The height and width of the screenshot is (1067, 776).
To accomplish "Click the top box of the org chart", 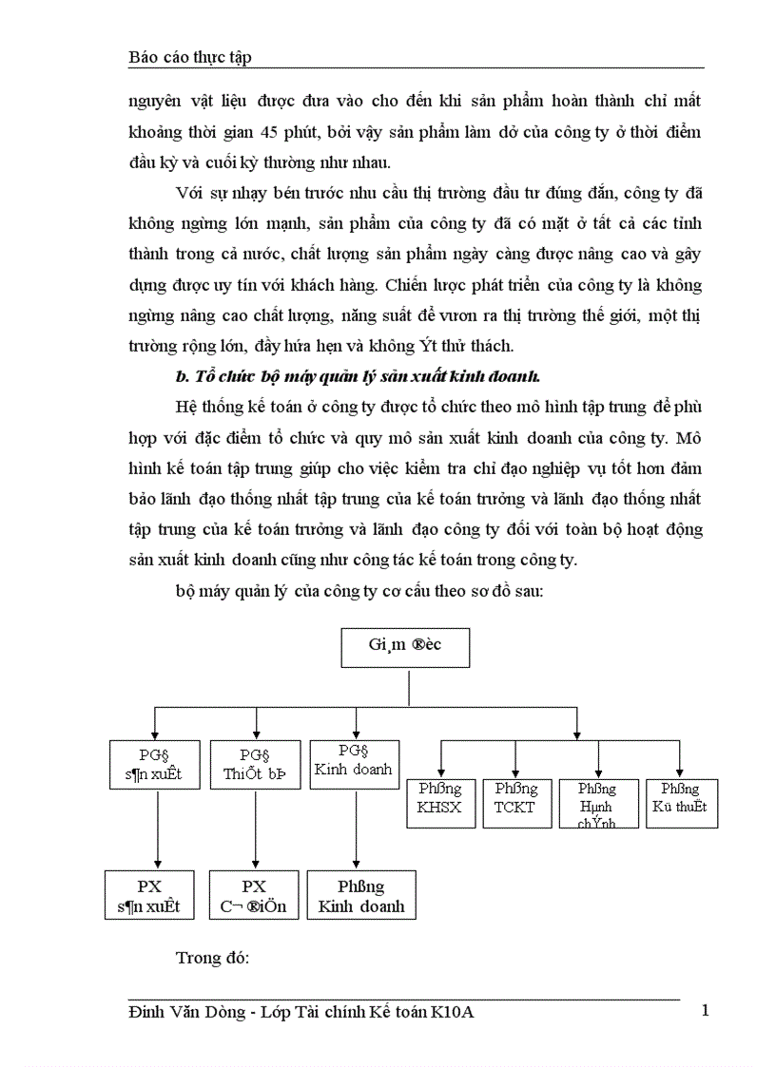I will pyautogui.click(x=404, y=647).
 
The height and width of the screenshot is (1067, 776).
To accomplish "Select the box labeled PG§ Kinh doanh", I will pyautogui.click(x=354, y=764).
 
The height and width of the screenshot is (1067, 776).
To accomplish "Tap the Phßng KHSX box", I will pyautogui.click(x=440, y=802).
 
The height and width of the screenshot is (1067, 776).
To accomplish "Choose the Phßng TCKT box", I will pyautogui.click(x=515, y=802).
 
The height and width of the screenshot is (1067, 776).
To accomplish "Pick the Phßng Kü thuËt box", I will pyautogui.click(x=681, y=802).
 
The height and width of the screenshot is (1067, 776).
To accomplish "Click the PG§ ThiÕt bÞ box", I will pyautogui.click(x=255, y=764).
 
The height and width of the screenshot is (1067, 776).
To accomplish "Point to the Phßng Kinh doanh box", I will pyautogui.click(x=360, y=895).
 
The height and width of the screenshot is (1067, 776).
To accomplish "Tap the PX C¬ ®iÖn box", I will pyautogui.click(x=254, y=895).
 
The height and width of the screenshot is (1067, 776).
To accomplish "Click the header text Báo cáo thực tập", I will pyautogui.click(x=189, y=57).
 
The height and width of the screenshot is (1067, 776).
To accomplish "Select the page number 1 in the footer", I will pyautogui.click(x=705, y=1010).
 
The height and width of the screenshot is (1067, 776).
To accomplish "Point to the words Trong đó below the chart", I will pyautogui.click(x=212, y=956).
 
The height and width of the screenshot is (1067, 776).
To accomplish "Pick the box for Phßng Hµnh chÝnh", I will pyautogui.click(x=596, y=804).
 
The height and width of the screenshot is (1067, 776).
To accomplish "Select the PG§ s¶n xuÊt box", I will pyautogui.click(x=155, y=764).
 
